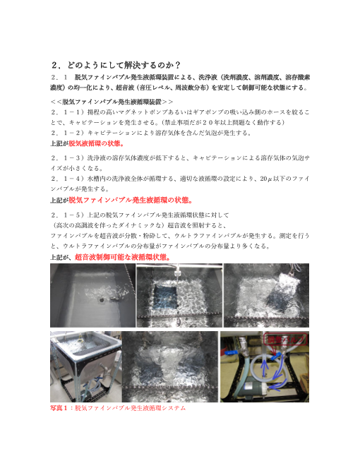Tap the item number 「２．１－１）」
click(x=68, y=112)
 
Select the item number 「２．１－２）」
click(x=68, y=132)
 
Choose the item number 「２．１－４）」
click(x=68, y=180)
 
